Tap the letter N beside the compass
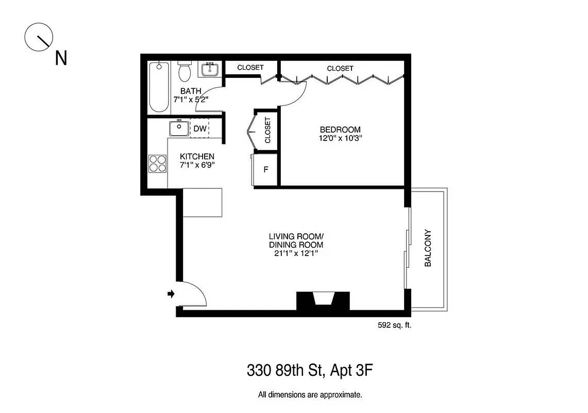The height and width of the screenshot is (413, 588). pyautogui.click(x=61, y=58)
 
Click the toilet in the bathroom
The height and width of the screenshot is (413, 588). pyautogui.click(x=184, y=72)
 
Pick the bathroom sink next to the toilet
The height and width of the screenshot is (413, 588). pyautogui.click(x=209, y=69)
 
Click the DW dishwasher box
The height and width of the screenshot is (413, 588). pyautogui.click(x=200, y=129)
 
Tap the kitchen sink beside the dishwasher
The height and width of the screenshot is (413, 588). pyautogui.click(x=179, y=128)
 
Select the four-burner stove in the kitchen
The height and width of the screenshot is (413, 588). pyautogui.click(x=158, y=163)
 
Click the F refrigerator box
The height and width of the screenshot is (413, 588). pyautogui.click(x=266, y=169)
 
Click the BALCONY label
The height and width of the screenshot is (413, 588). pyautogui.click(x=427, y=248)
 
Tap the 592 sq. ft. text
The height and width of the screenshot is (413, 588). pyautogui.click(x=395, y=325)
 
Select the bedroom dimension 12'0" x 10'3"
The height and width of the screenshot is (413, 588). pyautogui.click(x=340, y=138)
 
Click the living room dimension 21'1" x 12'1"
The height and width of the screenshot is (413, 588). pyautogui.click(x=296, y=253)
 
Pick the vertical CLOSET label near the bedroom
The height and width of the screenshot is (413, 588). pyautogui.click(x=267, y=130)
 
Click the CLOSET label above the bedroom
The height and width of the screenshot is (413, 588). pyautogui.click(x=340, y=68)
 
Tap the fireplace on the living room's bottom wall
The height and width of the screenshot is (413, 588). pyautogui.click(x=323, y=300)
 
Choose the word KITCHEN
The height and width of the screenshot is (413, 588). pyautogui.click(x=197, y=156)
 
